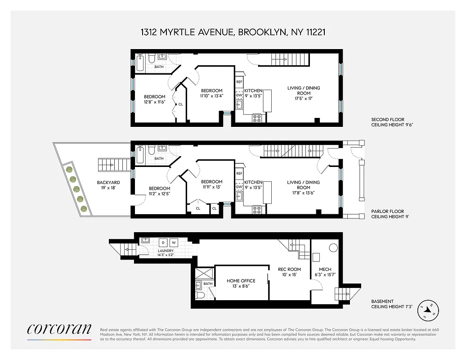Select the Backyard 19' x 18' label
[108, 185]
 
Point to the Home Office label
[241, 283]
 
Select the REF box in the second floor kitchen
[239, 82]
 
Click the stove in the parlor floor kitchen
[257, 209]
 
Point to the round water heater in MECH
[333, 247]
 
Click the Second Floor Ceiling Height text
[391, 122]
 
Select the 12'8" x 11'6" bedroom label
[154, 99]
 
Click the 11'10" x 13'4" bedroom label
[211, 93]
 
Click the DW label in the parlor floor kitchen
[239, 186]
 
